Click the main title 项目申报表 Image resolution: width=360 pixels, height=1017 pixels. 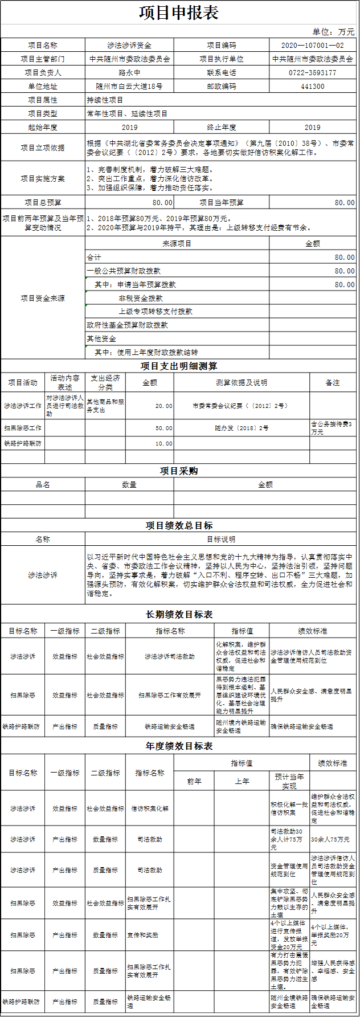tap(179, 13)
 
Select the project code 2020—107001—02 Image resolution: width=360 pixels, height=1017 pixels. tap(313, 46)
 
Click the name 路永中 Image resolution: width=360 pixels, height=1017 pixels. tap(129, 73)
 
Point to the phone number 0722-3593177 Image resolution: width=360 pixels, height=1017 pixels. tap(313, 73)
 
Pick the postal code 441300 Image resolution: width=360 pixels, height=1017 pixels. tap(313, 87)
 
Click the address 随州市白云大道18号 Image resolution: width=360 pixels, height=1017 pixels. tap(129, 87)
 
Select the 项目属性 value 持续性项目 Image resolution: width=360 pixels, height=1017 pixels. tap(105, 100)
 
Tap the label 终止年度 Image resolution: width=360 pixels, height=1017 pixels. tap(222, 128)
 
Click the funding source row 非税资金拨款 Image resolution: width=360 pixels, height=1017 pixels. tap(141, 298)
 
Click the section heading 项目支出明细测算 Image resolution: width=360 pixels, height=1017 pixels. tap(179, 366)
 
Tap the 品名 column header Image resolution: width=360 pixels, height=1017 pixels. tap(43, 485)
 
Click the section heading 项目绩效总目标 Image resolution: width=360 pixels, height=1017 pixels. tap(179, 526)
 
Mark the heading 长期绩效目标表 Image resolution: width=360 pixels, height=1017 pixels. tap(179, 615)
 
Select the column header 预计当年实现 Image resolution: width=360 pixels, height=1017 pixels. tap(289, 781)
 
